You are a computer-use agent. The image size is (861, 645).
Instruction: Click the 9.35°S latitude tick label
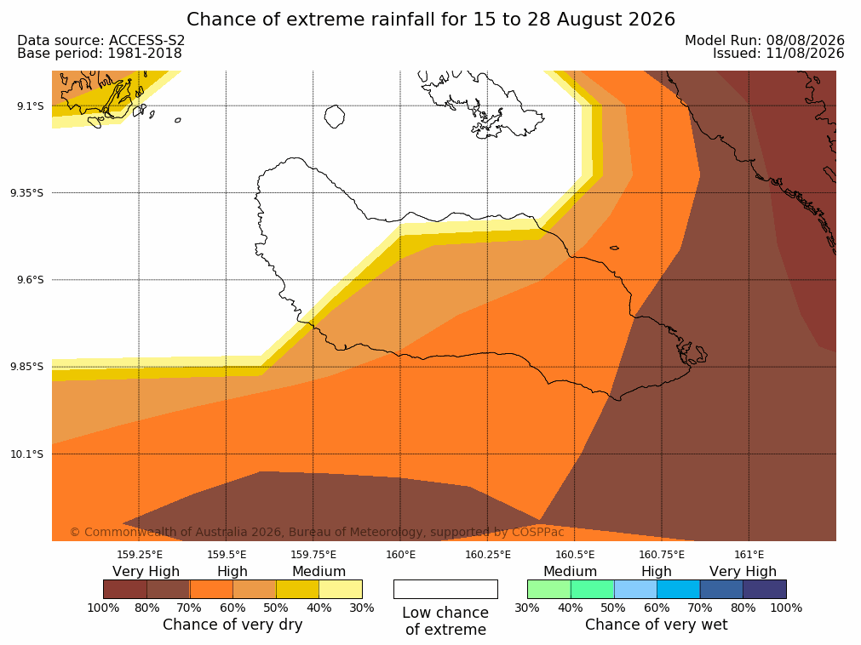pos(27,193)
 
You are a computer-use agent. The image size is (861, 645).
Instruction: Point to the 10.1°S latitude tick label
pos(27,454)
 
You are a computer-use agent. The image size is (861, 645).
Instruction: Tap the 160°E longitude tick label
pos(400,555)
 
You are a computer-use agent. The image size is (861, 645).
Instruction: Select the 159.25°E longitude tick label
pos(140,555)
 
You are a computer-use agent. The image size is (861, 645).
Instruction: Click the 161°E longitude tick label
pos(749,555)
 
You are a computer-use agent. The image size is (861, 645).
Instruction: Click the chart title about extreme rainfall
pos(431,20)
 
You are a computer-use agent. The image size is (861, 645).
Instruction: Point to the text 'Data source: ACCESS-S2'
pos(101,41)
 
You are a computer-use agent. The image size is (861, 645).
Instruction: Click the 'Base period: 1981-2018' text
pos(100,54)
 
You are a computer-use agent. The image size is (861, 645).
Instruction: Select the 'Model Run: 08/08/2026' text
pos(765,41)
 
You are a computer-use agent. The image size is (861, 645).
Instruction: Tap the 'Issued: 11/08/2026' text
pos(778,54)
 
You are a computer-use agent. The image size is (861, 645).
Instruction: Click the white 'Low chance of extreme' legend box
pos(446,589)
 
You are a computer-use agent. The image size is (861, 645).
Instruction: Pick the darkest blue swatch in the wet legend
pos(765,589)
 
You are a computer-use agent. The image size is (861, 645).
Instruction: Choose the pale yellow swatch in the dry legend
pos(341,589)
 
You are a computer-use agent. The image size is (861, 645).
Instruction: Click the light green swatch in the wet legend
pos(549,589)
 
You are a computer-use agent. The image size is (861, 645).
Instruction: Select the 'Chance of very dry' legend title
pos(232,625)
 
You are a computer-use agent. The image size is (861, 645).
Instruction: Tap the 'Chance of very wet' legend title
pos(657,625)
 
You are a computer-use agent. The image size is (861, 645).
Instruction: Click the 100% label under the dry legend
pos(103,608)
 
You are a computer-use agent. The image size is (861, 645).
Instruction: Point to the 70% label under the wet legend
pos(699,608)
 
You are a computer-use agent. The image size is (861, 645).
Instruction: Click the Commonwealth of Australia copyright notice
pos(317,532)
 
